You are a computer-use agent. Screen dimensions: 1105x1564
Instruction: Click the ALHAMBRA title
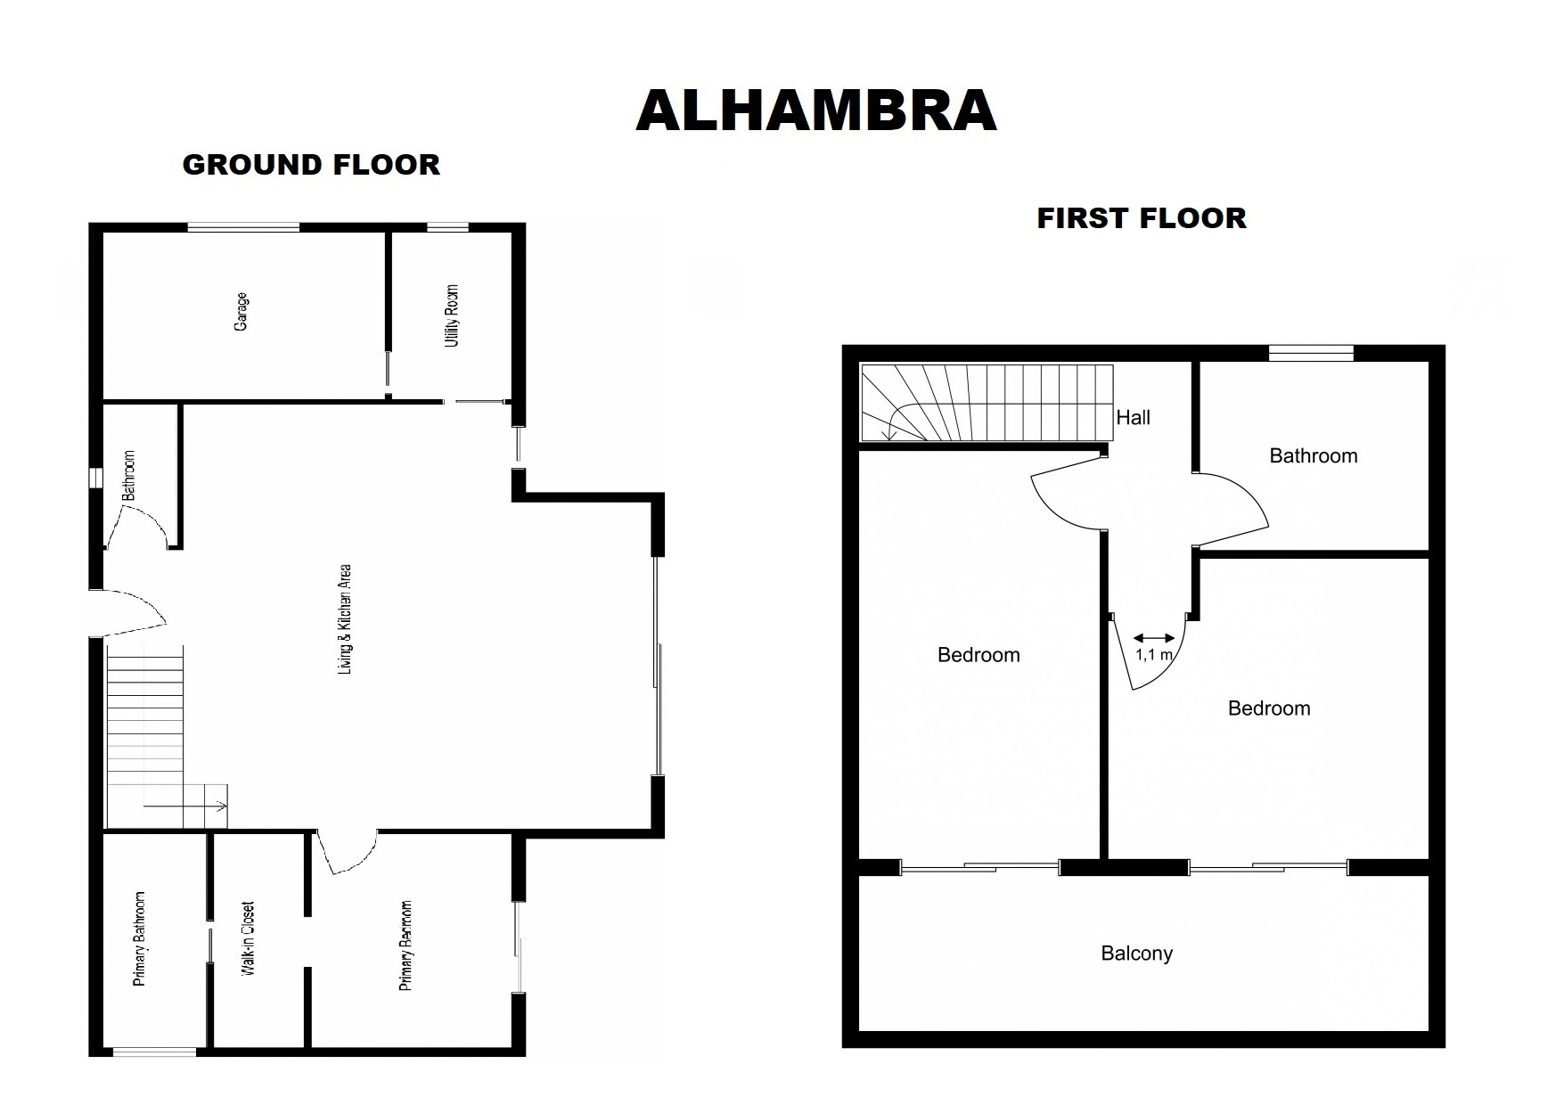[815, 111]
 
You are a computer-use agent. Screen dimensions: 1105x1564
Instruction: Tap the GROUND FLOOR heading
[311, 165]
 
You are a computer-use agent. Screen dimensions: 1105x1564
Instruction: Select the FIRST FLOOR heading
[1141, 218]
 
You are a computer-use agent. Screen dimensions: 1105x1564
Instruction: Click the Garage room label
[241, 312]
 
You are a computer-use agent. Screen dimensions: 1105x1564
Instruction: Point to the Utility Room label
[452, 315]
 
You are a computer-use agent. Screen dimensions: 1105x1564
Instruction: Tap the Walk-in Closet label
[249, 938]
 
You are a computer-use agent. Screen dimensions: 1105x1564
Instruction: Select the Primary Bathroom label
[139, 938]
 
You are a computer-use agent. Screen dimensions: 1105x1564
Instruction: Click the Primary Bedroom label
[405, 945]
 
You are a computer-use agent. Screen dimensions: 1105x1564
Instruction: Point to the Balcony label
[1136, 954]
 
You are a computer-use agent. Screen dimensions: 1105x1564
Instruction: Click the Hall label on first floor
[1133, 417]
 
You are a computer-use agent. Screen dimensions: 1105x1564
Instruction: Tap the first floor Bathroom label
[1313, 456]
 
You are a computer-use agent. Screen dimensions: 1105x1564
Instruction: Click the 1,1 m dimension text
[1153, 654]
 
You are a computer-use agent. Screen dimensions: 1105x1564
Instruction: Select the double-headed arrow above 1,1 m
[1154, 638]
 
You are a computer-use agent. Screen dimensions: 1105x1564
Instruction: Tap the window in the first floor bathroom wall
[1311, 354]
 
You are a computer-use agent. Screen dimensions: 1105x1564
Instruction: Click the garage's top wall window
[242, 228]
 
